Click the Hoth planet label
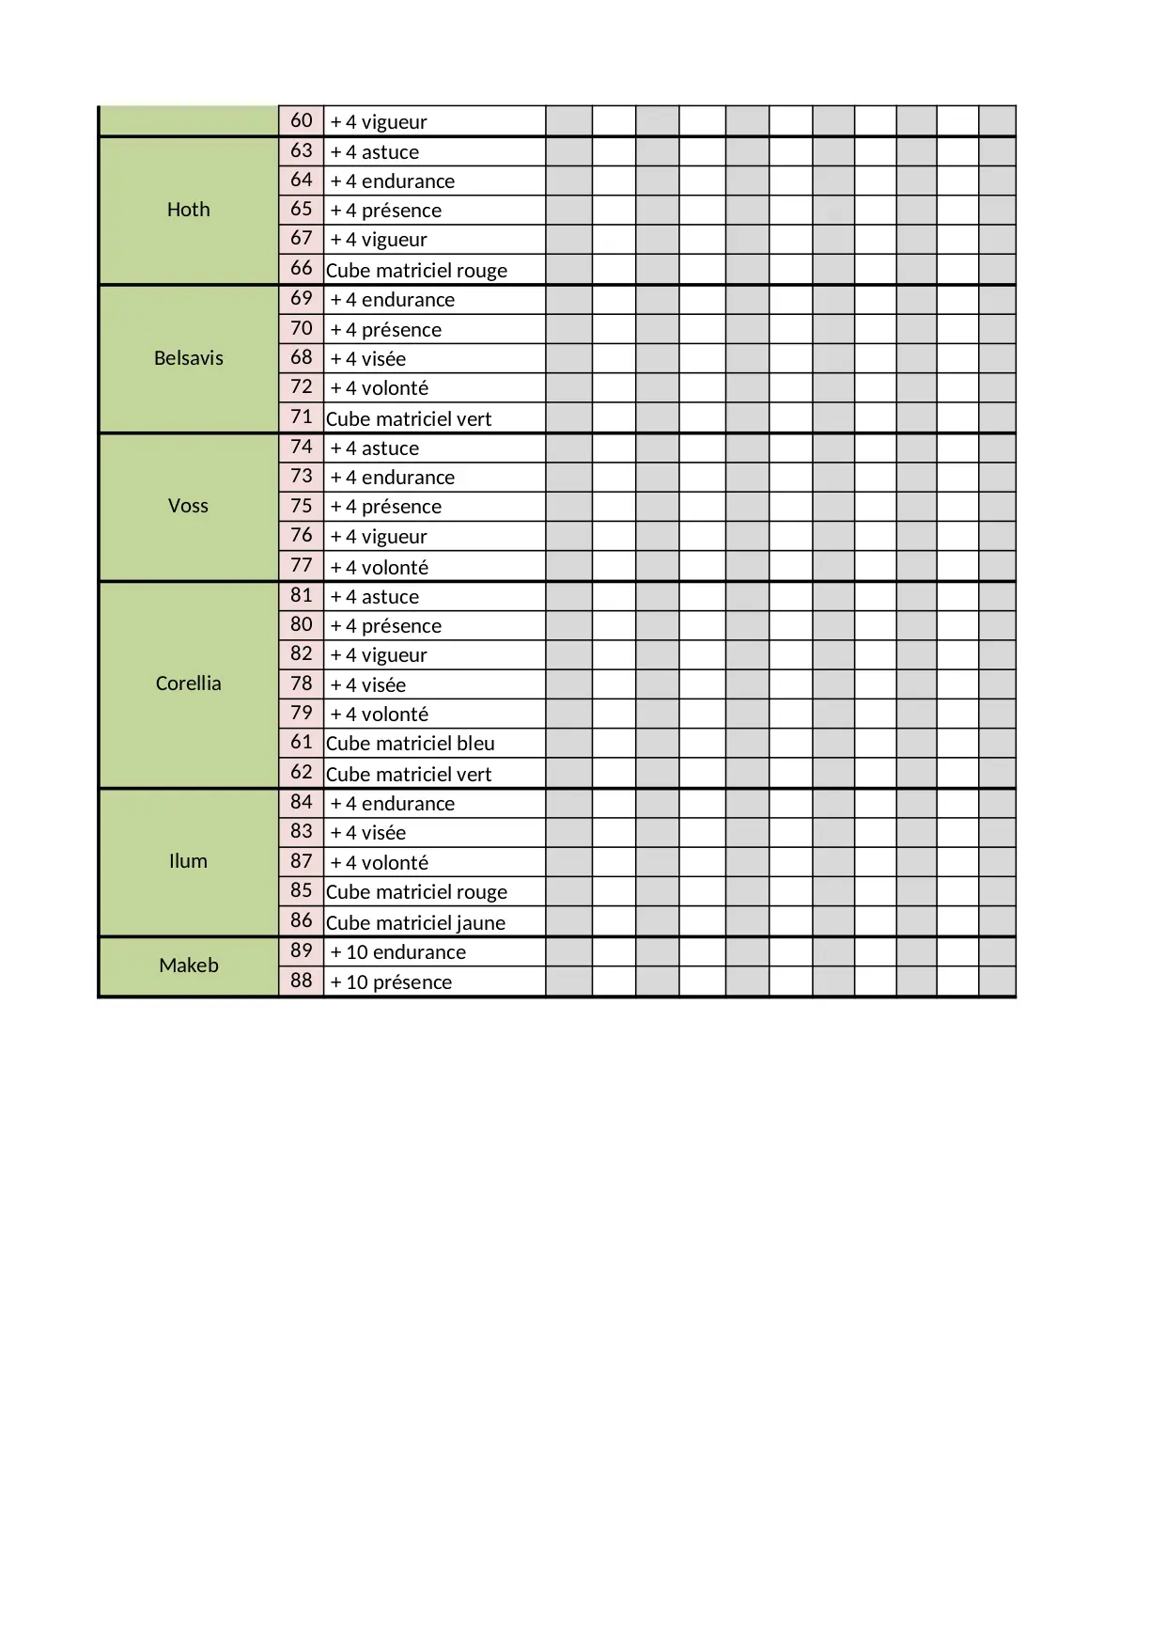click(188, 210)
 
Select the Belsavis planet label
click(188, 358)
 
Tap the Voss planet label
click(188, 506)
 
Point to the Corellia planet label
click(188, 683)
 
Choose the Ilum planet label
click(188, 861)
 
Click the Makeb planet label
click(188, 966)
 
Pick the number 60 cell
click(301, 120)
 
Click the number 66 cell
click(301, 269)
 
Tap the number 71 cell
click(301, 417)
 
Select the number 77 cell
click(301, 566)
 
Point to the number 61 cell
click(301, 743)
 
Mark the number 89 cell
click(301, 950)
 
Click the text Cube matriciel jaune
click(415, 922)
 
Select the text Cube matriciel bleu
click(410, 744)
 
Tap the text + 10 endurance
click(397, 952)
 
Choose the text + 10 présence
click(391, 982)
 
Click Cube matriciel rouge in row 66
click(416, 271)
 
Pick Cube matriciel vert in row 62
click(409, 775)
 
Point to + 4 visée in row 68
click(367, 359)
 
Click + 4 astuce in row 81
click(374, 597)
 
